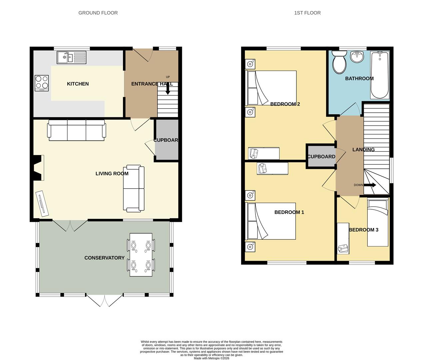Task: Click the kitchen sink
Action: (71, 57)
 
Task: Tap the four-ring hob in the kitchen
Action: (42, 83)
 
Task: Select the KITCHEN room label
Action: (78, 84)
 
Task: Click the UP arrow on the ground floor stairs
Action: (168, 89)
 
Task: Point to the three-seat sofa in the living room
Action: (77, 130)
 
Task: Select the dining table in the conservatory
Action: (141, 254)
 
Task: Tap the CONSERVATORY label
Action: (104, 258)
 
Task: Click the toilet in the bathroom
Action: (340, 62)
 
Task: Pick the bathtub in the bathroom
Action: (380, 75)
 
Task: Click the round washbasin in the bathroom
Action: (357, 57)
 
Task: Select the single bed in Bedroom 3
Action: (378, 222)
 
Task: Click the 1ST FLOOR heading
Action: (307, 13)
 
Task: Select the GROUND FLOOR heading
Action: (98, 13)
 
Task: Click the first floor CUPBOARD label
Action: (321, 156)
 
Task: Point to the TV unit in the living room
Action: (42, 203)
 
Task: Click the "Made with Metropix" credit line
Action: (211, 358)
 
